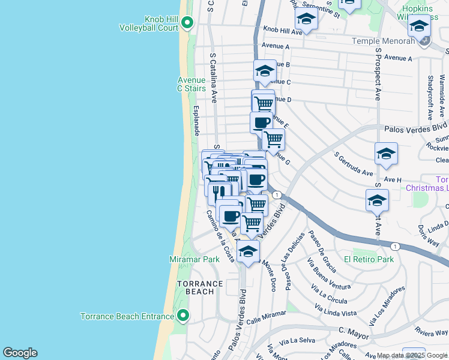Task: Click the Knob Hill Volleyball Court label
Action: (x=148, y=23)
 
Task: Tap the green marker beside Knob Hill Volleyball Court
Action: (x=187, y=23)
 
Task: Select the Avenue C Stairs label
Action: (x=191, y=84)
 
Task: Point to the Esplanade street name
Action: (x=196, y=121)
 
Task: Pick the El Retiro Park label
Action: (x=369, y=259)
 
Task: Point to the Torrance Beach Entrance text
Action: (x=128, y=316)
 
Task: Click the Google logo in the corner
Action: (x=20, y=353)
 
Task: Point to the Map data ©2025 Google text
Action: (x=412, y=356)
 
